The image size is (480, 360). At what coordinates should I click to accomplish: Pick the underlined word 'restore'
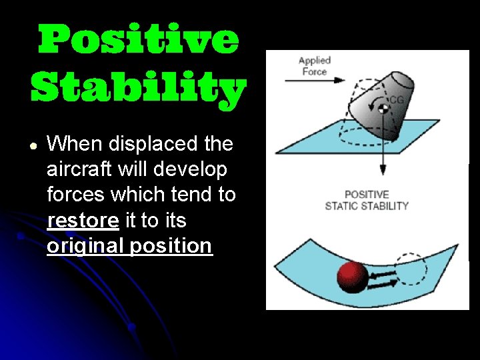pos(83,220)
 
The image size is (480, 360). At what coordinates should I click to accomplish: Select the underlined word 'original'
pos(85,246)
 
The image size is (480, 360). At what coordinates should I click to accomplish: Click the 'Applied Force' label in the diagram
pos(314,66)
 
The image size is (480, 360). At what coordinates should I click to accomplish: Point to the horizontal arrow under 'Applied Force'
pos(314,81)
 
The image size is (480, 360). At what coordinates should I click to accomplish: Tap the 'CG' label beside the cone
pos(397,100)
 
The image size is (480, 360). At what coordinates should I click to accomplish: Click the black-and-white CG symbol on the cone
pos(383,107)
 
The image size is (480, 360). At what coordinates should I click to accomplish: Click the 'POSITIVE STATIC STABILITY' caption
pos(367,201)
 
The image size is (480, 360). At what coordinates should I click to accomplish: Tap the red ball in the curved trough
pos(353,277)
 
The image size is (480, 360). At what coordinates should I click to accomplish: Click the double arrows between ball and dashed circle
pos(381,277)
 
